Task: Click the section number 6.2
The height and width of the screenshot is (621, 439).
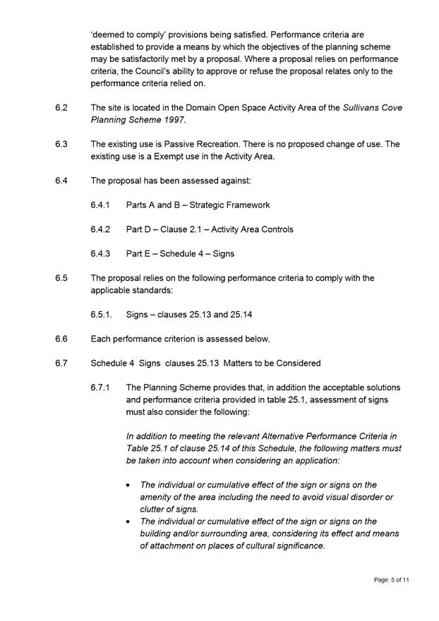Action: point(61,108)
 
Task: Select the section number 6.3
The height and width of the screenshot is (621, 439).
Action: point(61,144)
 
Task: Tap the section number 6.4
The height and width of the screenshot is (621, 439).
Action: point(61,181)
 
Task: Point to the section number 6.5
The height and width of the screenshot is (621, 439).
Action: point(61,278)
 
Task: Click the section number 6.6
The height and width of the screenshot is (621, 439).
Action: point(61,339)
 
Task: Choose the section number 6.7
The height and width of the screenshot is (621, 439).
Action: point(61,363)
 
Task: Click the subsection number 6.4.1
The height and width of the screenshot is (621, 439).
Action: point(102,205)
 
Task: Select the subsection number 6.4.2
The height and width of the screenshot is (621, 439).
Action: point(102,229)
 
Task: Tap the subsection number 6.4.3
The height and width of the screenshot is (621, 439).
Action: point(102,254)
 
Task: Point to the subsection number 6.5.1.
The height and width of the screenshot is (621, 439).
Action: point(102,315)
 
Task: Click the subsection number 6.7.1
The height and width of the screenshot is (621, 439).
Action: point(102,387)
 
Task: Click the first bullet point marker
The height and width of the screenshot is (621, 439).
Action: point(128,486)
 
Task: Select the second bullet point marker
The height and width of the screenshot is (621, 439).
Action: point(128,522)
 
